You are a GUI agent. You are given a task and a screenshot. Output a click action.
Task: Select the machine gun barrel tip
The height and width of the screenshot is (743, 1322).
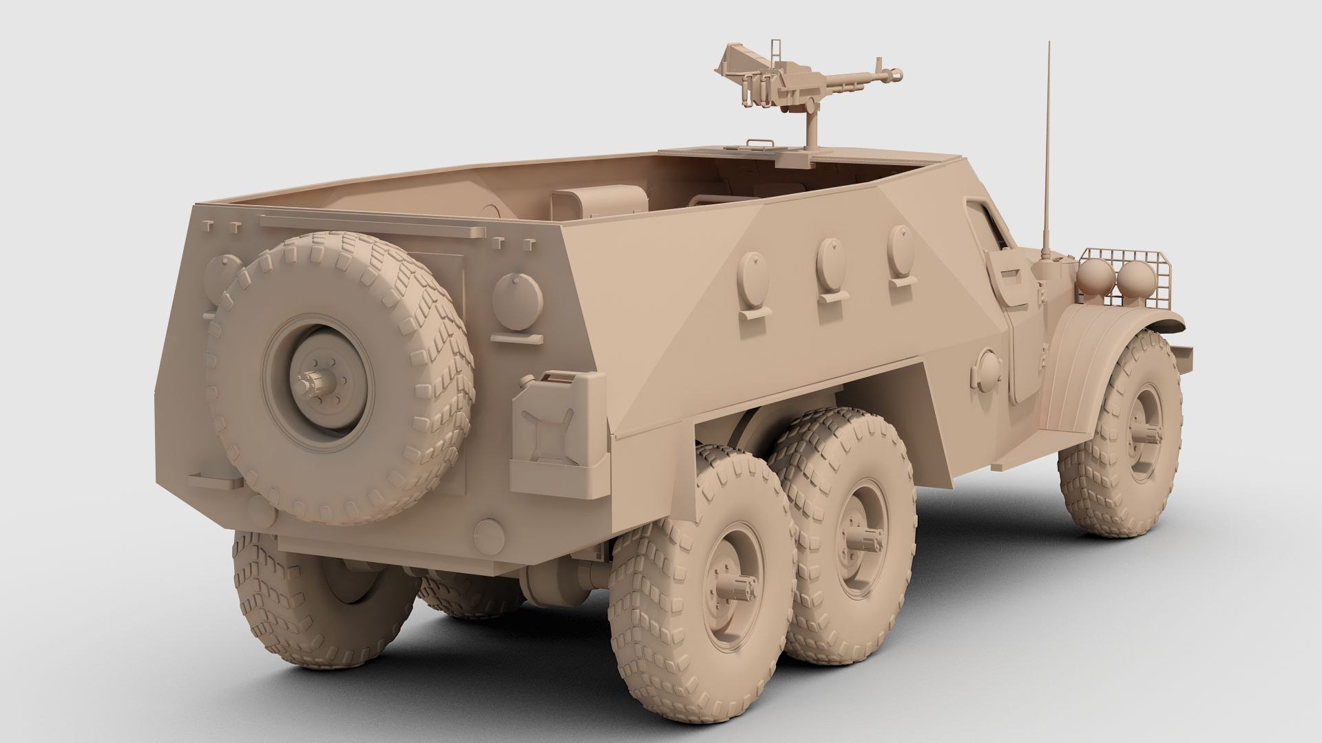[896, 72]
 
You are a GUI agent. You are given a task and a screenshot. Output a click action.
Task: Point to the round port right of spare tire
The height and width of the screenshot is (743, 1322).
[517, 301]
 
